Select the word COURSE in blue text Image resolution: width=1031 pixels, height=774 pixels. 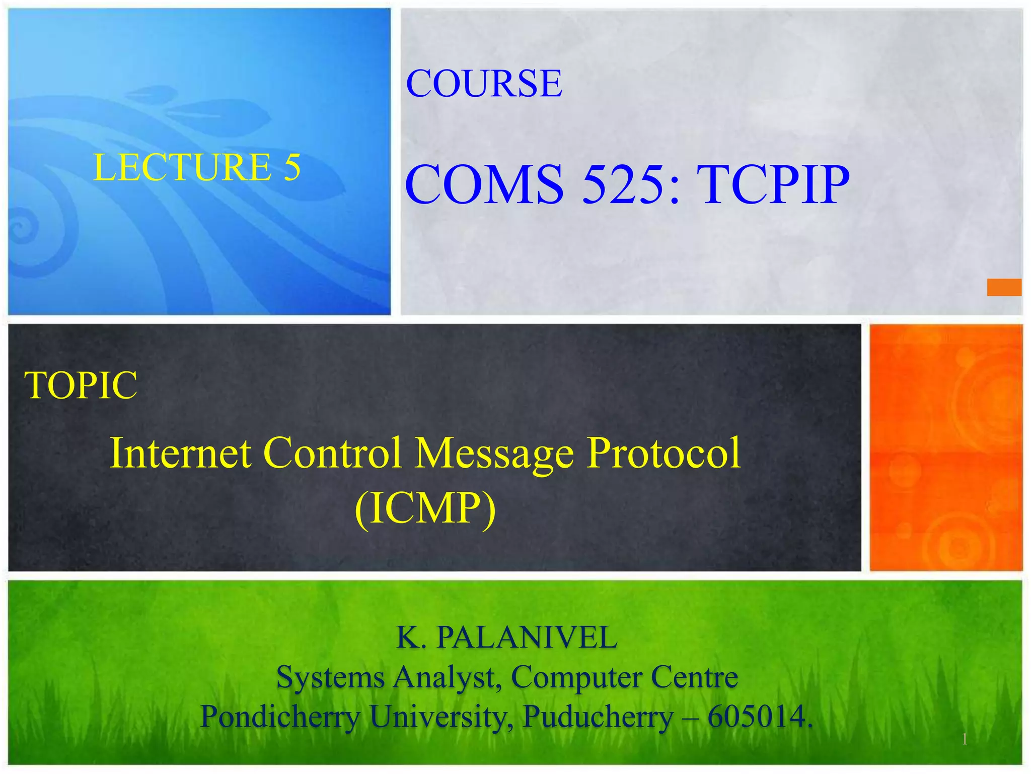484,83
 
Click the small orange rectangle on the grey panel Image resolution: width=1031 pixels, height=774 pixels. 1004,287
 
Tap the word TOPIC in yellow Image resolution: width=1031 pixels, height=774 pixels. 81,385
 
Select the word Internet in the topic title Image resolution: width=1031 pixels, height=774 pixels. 180,453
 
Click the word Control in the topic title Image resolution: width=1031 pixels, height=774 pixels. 332,453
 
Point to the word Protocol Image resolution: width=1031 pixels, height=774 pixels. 664,453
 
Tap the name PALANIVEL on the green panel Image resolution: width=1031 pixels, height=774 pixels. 527,637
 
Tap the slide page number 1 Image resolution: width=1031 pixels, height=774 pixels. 964,739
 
